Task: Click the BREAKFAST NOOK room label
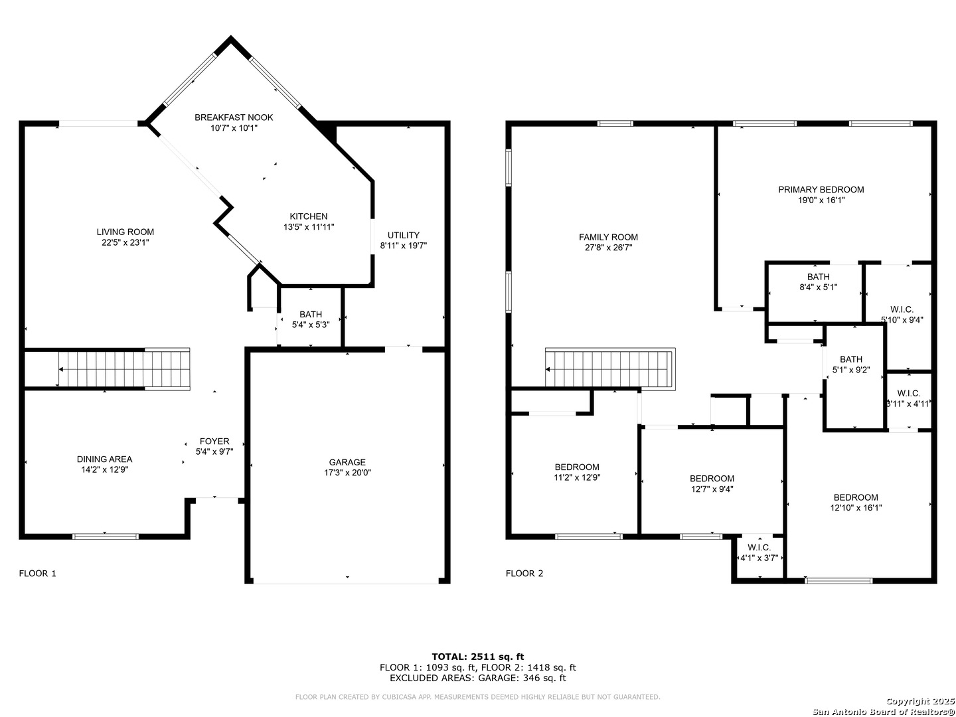(x=234, y=117)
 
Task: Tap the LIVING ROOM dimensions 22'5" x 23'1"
(x=125, y=242)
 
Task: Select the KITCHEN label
(x=308, y=216)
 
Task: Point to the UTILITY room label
(x=403, y=235)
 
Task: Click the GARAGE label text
(x=347, y=462)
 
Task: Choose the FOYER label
(x=214, y=441)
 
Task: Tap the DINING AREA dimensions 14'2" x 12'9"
(x=104, y=469)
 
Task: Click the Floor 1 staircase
(x=124, y=369)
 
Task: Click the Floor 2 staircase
(x=609, y=369)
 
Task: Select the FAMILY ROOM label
(x=608, y=237)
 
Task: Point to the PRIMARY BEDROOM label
(x=821, y=190)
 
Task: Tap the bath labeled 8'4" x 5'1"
(x=818, y=281)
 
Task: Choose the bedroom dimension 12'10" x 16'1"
(x=856, y=508)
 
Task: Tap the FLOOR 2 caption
(x=524, y=574)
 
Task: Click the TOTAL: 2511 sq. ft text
(x=478, y=657)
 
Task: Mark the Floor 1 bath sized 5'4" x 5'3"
(x=311, y=319)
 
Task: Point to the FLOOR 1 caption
(x=37, y=574)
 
